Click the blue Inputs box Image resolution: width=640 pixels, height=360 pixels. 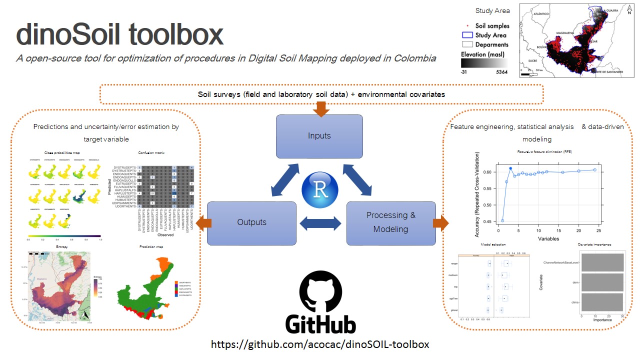click(319, 136)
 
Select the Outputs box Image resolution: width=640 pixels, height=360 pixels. click(251, 223)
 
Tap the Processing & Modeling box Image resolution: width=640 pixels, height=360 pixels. click(390, 223)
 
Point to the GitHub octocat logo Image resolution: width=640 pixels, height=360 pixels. click(320, 292)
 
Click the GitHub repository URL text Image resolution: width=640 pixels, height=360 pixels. click(320, 344)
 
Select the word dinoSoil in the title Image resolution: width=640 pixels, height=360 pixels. click(68, 35)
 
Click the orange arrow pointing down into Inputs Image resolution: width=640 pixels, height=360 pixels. click(320, 108)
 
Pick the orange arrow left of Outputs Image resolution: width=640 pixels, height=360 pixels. click(201, 223)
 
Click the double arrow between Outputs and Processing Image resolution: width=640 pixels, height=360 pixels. click(320, 223)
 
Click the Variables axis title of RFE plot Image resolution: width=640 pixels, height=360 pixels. click(549, 239)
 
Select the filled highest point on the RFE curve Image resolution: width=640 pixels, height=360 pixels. click(510, 168)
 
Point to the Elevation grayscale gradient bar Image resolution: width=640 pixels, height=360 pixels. click(484, 63)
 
